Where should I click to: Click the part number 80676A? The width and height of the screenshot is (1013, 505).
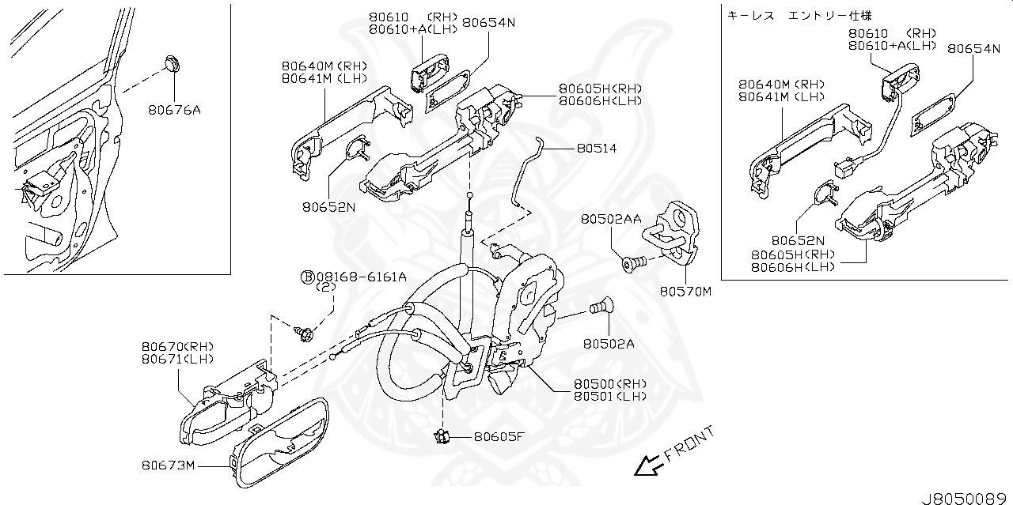click(173, 110)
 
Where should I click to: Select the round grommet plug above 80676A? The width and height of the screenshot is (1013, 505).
click(173, 62)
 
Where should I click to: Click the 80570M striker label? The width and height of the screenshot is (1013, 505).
click(685, 292)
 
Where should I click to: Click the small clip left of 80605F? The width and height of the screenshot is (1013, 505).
click(442, 434)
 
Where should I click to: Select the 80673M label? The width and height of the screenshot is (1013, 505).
click(169, 465)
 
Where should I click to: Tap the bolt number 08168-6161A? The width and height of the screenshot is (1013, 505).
click(361, 277)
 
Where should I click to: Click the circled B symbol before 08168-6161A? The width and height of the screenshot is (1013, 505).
click(306, 277)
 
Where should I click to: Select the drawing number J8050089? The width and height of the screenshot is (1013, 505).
click(966, 498)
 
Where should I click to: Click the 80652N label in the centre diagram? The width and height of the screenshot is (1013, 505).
click(328, 207)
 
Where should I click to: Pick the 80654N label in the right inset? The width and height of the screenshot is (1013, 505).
click(973, 48)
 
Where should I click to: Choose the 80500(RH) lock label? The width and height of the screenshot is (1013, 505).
click(609, 384)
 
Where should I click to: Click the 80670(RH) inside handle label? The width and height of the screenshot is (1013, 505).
click(178, 346)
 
